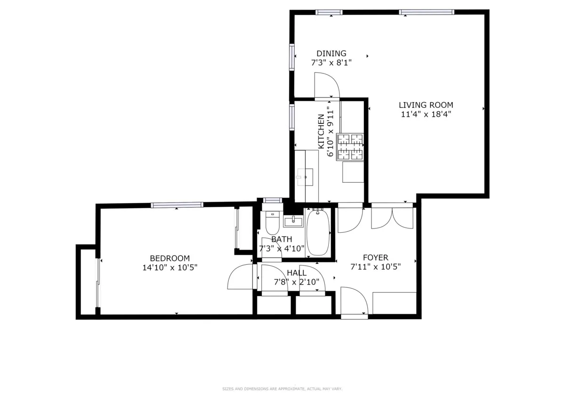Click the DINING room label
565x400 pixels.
331,53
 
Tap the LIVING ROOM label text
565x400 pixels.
426,105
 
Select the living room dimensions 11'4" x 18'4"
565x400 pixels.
426,114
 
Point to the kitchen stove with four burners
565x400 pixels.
350,147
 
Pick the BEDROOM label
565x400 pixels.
169,258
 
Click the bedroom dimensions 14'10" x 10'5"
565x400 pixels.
169,267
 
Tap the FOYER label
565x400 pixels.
375,257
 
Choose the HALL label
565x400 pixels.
297,273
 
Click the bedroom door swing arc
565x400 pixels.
240,277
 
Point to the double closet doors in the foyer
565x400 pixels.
392,217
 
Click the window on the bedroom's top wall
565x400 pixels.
177,204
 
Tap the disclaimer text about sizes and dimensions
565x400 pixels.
282,389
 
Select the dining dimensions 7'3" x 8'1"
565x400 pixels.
331,62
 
